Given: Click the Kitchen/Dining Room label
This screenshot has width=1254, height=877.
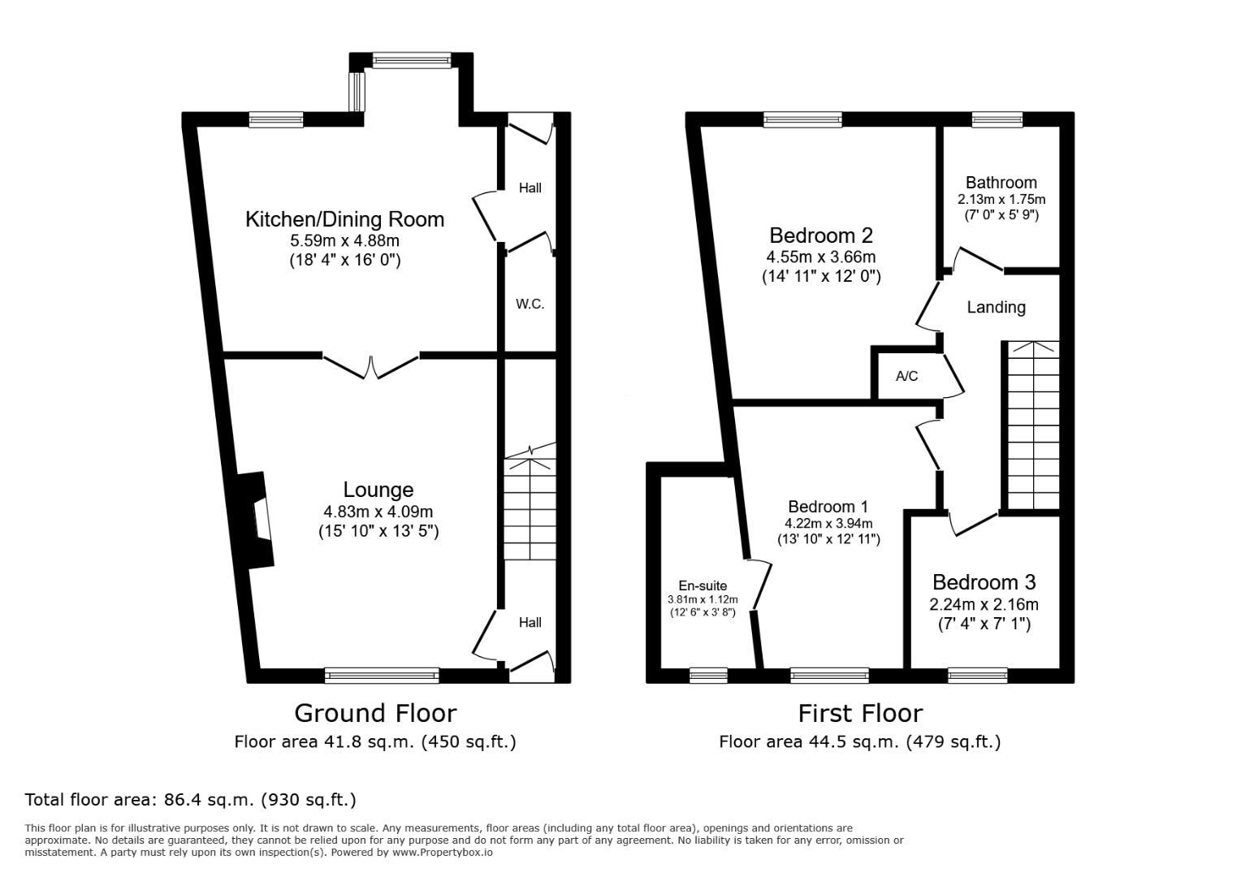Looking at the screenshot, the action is pos(345,219).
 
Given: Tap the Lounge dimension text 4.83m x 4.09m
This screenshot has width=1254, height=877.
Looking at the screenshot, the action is pos(378,512).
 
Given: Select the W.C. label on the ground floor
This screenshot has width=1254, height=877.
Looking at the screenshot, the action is pos(530,304).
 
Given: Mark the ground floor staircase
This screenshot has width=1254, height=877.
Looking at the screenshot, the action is pos(530,502).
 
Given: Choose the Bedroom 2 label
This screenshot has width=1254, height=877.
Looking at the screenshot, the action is pos(821,235).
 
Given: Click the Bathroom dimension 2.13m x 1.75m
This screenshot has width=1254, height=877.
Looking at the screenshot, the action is pos(1001,199).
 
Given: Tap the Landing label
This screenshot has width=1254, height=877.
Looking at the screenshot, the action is pos(997,307).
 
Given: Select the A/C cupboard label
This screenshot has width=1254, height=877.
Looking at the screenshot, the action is pos(907,376).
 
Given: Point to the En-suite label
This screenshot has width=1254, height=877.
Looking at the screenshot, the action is pos(703,586).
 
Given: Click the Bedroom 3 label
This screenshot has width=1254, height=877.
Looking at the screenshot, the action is pos(984,582).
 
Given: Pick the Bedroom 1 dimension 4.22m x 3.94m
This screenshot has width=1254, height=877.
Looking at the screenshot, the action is pos(828,524).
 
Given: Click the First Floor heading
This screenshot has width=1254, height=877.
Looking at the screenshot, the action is pos(860,714).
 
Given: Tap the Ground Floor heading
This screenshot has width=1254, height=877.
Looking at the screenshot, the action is pos(376,714).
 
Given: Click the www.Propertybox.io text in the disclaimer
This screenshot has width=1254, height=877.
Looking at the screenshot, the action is pos(443,853).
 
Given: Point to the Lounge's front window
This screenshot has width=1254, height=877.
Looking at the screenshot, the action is pos(382,676).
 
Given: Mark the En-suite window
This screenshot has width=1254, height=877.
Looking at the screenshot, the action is pos(709,676).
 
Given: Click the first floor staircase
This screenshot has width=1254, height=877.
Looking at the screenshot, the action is pos(1033,426).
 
